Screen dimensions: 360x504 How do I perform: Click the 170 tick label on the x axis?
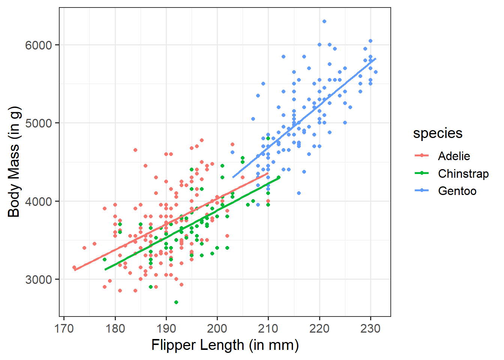[64, 328]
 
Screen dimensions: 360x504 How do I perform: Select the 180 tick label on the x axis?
[115, 328]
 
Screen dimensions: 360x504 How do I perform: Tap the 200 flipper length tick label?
[217, 328]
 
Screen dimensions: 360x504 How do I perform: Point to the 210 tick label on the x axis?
[268, 328]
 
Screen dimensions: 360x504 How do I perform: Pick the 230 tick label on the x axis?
[370, 328]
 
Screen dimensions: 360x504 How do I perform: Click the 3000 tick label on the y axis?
[38, 279]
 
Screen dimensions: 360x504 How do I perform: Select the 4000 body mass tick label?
[38, 201]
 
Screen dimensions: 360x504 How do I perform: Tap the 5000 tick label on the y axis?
[38, 123]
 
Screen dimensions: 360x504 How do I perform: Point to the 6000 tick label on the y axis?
[38, 45]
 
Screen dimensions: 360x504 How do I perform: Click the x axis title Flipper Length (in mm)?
[225, 345]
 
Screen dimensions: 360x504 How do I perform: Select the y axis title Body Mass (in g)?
[14, 162]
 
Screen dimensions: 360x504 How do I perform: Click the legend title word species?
[438, 133]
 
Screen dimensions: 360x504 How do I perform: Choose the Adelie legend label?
[454, 156]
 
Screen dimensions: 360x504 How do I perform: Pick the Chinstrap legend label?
[463, 174]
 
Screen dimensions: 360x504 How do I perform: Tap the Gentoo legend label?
[457, 191]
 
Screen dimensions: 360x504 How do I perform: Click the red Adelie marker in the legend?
[422, 156]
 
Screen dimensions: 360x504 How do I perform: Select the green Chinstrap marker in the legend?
[422, 173]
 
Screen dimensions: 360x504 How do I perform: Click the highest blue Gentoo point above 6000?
[324, 21]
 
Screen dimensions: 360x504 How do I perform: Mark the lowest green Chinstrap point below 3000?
[176, 302]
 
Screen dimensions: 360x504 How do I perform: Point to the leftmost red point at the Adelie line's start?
[74, 267]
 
